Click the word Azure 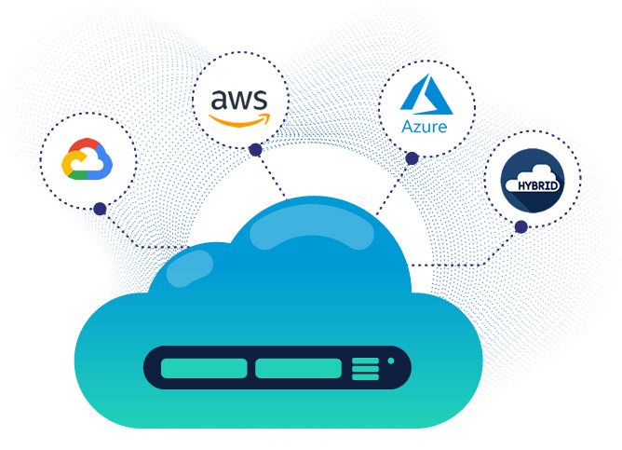click(x=425, y=126)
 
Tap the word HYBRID click(x=532, y=183)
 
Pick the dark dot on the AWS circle click(x=255, y=149)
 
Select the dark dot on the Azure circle click(x=412, y=158)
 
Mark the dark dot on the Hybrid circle click(x=521, y=226)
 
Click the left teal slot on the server click(x=204, y=368)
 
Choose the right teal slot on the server click(x=298, y=368)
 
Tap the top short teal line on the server click(x=365, y=360)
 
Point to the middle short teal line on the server click(x=365, y=368)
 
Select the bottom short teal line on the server click(x=365, y=376)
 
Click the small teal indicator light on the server click(x=391, y=360)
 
